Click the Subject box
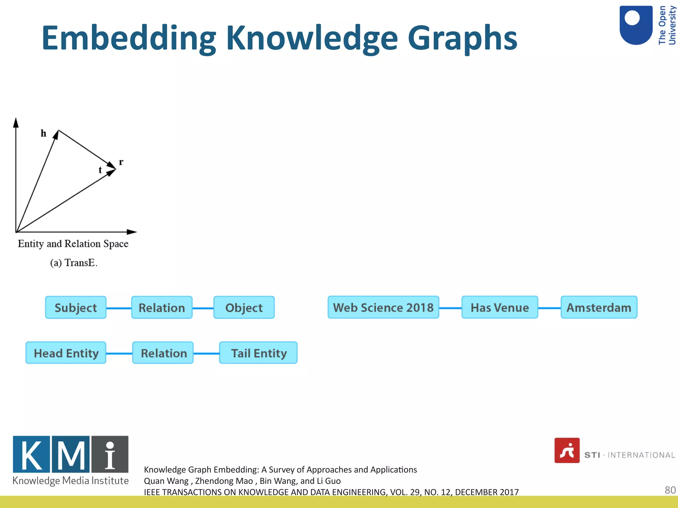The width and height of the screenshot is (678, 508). tap(76, 308)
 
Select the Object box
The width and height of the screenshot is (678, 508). tap(244, 308)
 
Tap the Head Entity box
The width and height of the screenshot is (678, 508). tap(66, 353)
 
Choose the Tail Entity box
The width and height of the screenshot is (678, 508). tap(258, 353)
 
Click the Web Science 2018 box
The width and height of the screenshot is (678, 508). tap(383, 307)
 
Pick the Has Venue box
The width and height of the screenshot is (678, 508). tap(500, 307)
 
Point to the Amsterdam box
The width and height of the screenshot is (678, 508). tap(599, 307)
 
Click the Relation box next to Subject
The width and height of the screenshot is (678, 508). tap(162, 308)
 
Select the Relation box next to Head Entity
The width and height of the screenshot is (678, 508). tap(163, 353)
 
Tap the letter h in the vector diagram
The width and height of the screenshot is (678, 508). tap(43, 133)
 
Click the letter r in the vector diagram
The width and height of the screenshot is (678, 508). tap(121, 162)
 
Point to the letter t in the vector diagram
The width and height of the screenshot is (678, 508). tap(100, 170)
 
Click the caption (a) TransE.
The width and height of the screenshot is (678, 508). tap(74, 263)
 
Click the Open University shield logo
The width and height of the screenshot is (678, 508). tap(636, 25)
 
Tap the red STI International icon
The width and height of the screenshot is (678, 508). tap(567, 450)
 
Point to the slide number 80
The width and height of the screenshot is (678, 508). tap(670, 490)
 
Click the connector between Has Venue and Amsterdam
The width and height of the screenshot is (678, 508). tap(549, 308)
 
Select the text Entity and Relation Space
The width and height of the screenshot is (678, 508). tap(73, 244)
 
